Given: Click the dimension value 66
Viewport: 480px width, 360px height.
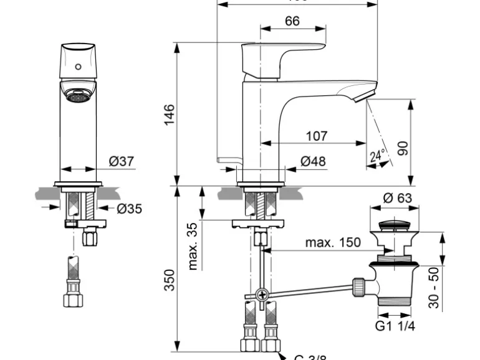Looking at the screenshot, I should click(292, 21).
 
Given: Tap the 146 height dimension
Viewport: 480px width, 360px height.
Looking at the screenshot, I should click(169, 115).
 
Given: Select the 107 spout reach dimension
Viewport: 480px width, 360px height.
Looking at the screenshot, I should click(317, 136).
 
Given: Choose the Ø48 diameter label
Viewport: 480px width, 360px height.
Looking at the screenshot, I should click(313, 162).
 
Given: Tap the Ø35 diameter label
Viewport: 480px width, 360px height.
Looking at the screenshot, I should click(129, 209).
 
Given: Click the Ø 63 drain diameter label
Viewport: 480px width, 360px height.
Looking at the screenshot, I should click(397, 199).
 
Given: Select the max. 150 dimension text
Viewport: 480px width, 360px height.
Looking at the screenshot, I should click(332, 242).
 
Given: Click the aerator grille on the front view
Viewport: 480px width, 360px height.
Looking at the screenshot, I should click(77, 97).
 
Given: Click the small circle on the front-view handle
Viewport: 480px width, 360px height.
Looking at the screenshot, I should click(78, 65).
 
